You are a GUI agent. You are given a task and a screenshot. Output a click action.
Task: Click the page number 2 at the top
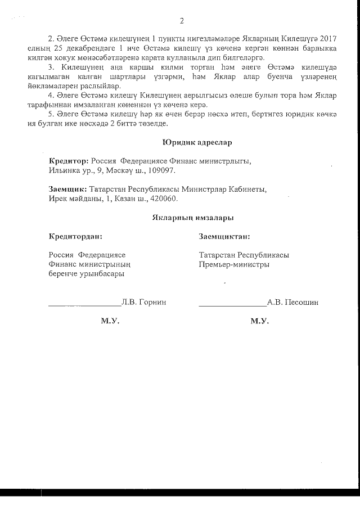click(x=182, y=22)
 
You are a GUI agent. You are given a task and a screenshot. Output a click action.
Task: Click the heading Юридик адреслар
click(x=196, y=142)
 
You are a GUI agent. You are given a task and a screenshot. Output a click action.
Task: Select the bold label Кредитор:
click(x=69, y=160)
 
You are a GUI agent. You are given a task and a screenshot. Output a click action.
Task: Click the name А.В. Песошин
click(x=292, y=302)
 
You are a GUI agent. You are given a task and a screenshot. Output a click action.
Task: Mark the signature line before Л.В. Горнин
click(x=84, y=305)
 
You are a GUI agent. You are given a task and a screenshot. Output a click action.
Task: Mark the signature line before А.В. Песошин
click(x=232, y=305)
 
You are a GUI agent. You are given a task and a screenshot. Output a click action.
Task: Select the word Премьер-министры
click(x=233, y=264)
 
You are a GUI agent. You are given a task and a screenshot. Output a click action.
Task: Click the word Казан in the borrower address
click(x=139, y=199)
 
